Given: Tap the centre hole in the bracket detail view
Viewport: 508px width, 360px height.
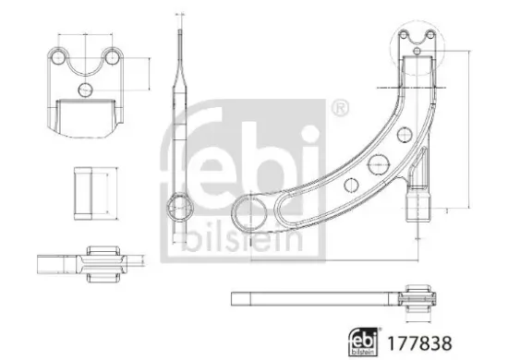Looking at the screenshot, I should click(85, 90).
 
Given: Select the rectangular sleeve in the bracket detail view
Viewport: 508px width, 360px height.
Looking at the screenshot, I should click(86, 117).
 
